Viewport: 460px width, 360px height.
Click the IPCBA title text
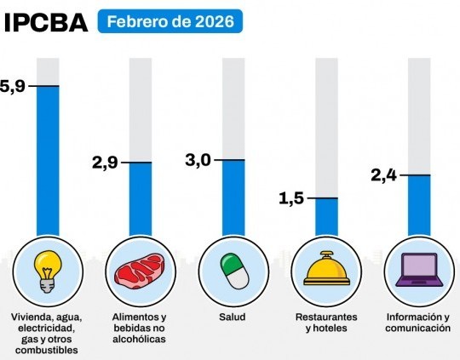click(46, 21)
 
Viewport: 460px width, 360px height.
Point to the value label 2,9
click(105, 162)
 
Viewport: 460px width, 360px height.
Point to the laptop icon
click(418, 271)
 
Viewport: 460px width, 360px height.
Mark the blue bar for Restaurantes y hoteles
click(326, 216)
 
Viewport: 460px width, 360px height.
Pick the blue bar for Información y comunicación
click(418, 204)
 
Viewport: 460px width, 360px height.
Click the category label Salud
click(232, 317)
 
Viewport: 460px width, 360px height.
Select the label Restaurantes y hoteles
click(326, 323)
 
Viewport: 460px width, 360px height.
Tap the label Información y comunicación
click(417, 323)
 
